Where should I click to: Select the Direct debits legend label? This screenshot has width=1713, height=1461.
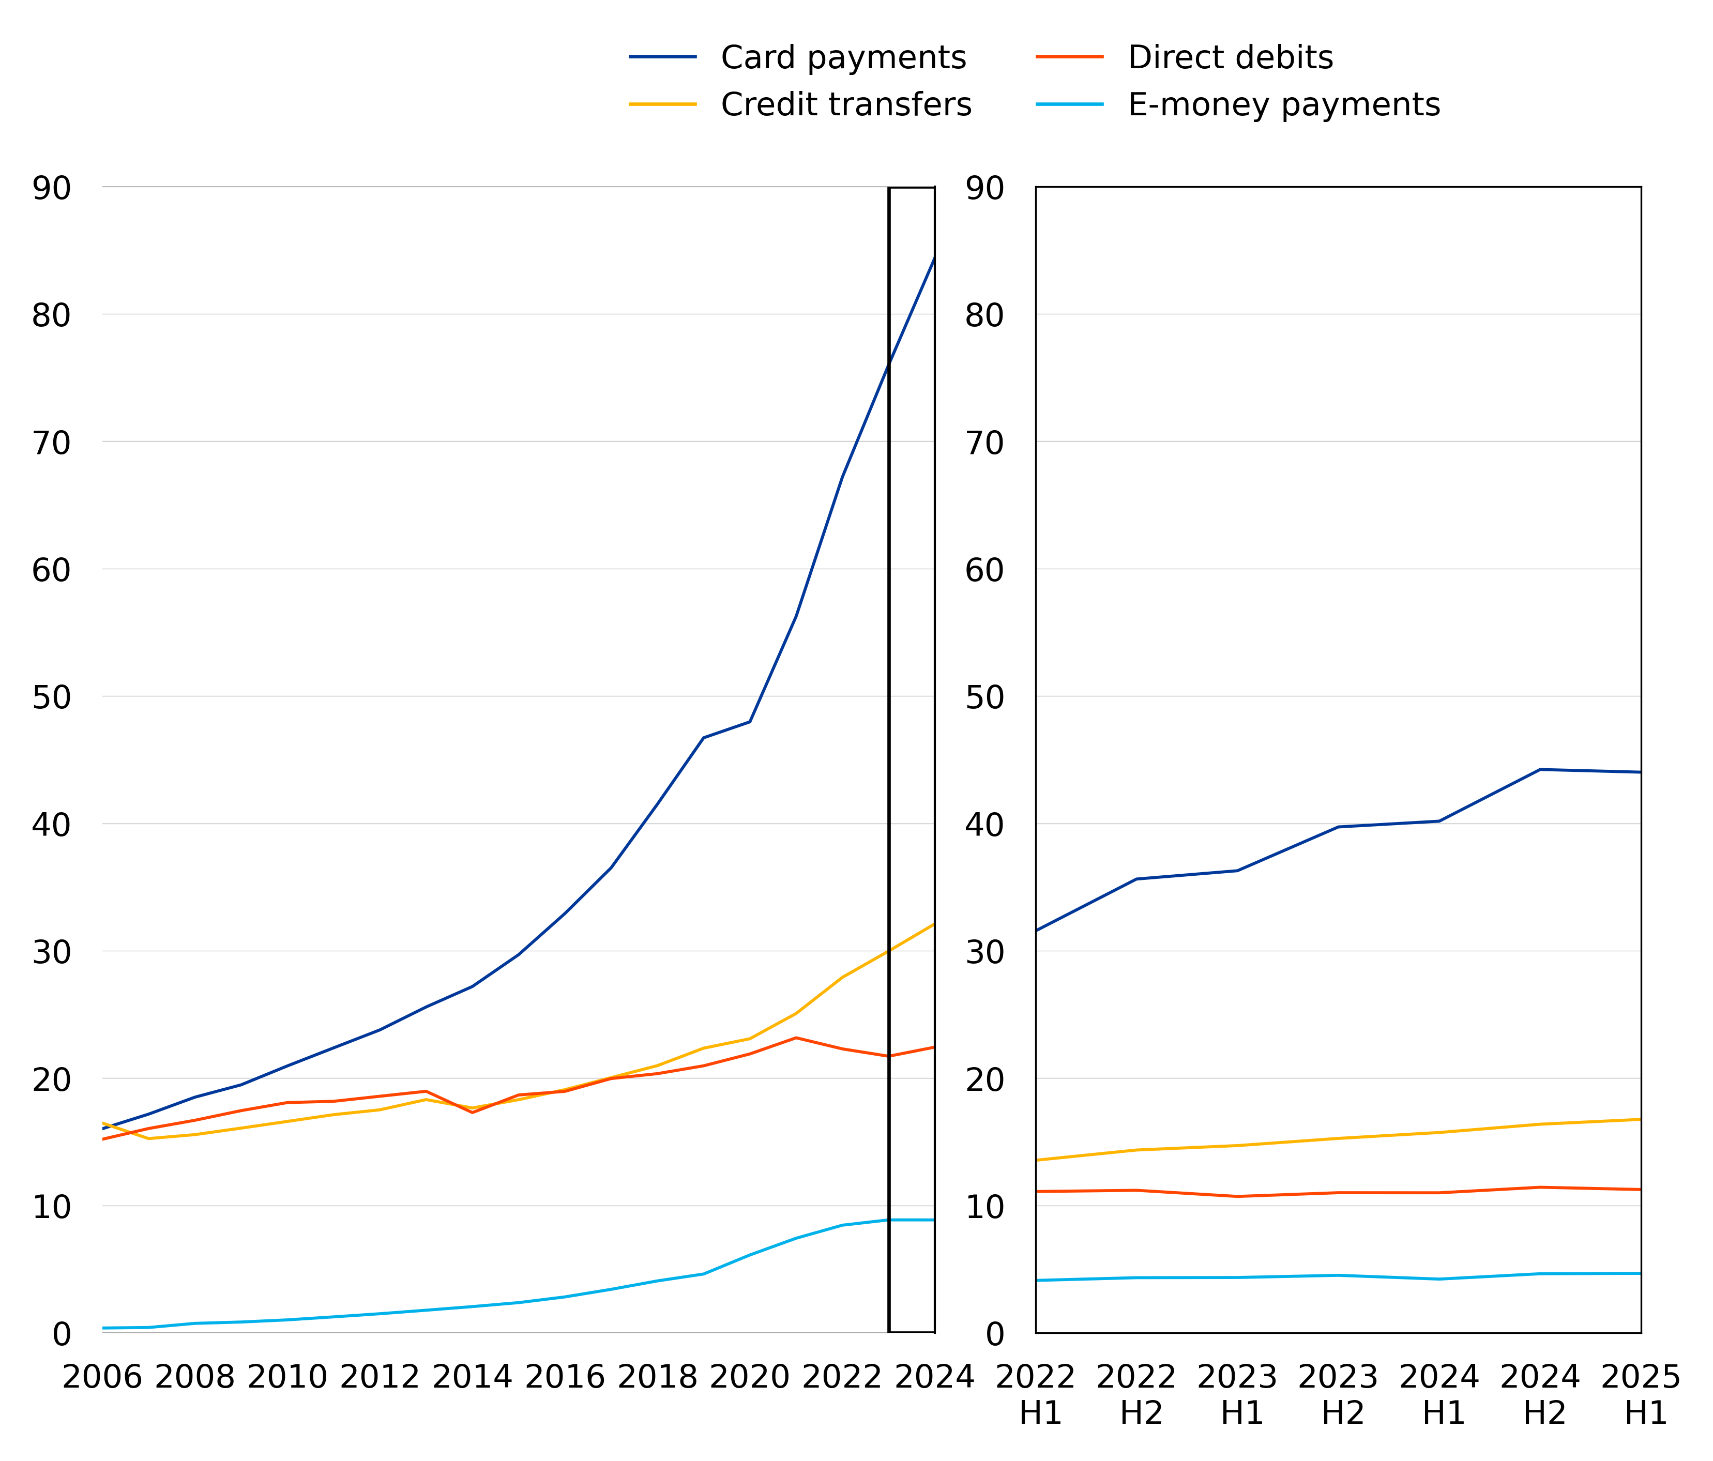(1230, 58)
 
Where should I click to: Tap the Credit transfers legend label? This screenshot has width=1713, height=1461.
(846, 105)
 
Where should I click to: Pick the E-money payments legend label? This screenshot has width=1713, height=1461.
(1284, 105)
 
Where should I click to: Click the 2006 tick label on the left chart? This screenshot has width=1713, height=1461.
(102, 1377)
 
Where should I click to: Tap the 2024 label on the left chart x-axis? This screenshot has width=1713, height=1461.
(934, 1377)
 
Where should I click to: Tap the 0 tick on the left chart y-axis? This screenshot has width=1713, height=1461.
(61, 1334)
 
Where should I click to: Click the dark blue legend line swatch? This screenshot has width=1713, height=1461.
(662, 57)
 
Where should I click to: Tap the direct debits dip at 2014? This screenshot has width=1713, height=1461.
(472, 1113)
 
